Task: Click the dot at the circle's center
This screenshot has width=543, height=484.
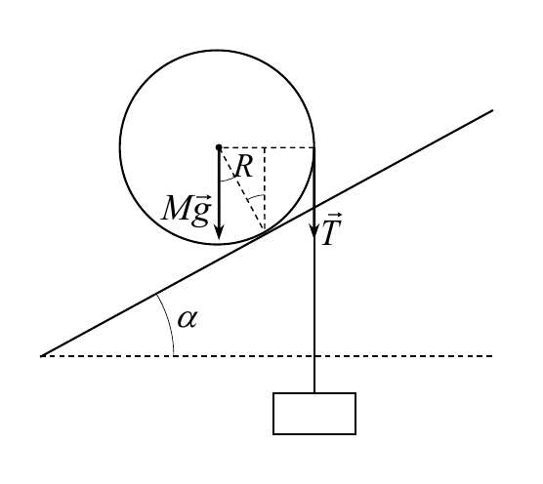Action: tap(219, 147)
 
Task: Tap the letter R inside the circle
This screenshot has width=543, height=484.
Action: tap(244, 167)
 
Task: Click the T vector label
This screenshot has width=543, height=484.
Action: tap(332, 229)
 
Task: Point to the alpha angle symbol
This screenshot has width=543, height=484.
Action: tap(188, 319)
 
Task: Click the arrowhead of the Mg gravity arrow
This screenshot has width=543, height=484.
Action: tap(219, 231)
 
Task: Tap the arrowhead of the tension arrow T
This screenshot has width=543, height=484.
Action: tap(314, 230)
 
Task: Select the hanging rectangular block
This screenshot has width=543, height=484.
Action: tap(314, 414)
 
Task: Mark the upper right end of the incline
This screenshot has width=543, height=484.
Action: tap(492, 110)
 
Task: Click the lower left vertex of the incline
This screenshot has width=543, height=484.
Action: tap(41, 356)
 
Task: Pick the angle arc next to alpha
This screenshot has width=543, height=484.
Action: tap(168, 322)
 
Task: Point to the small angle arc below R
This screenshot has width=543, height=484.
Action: tap(227, 180)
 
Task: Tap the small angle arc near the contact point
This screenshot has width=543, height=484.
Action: tap(256, 197)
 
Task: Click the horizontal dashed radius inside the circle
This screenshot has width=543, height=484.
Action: tap(267, 147)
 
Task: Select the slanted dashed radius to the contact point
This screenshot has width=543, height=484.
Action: tap(242, 188)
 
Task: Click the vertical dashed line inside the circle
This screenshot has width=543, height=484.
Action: tap(265, 189)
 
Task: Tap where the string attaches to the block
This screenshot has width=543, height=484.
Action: tap(314, 393)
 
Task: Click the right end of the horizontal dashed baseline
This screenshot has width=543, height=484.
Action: tap(492, 356)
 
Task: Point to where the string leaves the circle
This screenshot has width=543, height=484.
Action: tap(314, 147)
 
